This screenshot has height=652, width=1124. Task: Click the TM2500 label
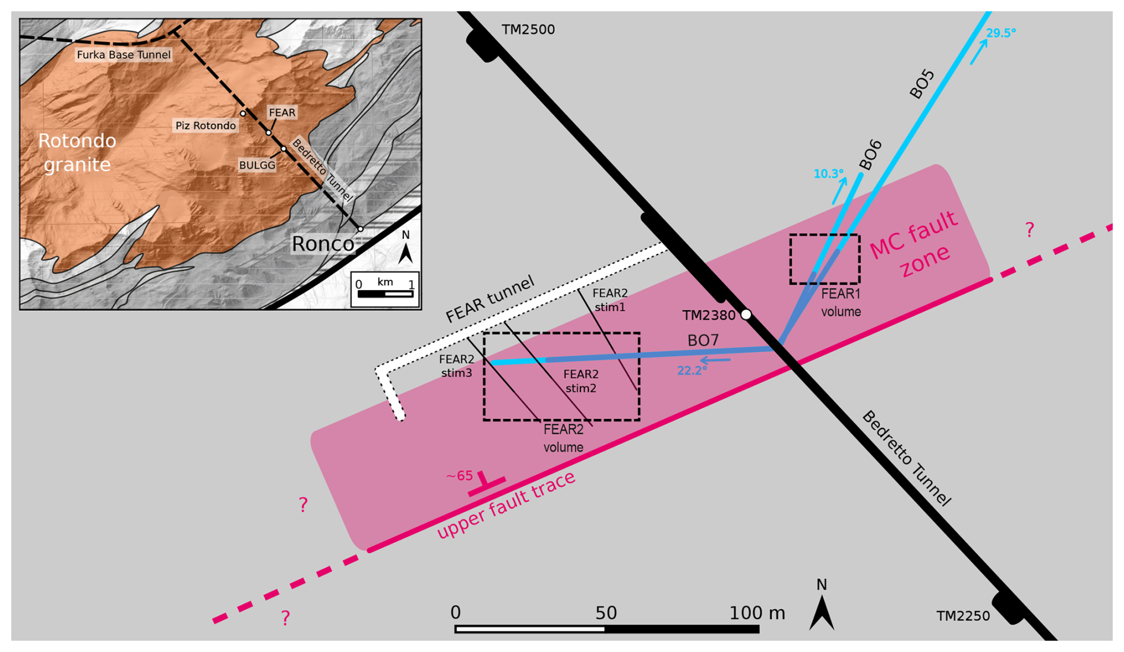pos(528,30)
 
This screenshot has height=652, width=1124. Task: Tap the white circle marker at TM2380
pos(746,314)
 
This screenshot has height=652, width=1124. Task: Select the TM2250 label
pos(963,616)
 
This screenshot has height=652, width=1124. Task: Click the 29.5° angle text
pos(1001,33)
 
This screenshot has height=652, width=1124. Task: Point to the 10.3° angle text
pos(828,174)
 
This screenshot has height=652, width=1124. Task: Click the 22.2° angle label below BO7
pos(692,371)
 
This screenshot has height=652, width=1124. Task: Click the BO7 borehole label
pos(703,341)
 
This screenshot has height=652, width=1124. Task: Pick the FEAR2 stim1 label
pos(610,300)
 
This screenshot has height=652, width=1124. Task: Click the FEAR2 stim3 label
pos(456,366)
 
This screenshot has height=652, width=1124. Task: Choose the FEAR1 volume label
pos(841,303)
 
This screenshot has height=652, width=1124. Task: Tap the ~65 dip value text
pos(459,476)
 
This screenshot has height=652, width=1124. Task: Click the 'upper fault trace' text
pos(506,506)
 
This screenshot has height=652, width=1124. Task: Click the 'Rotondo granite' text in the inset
pos(77,152)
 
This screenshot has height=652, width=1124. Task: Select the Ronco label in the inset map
pos(323,244)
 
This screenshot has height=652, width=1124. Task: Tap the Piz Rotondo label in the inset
pos(206,125)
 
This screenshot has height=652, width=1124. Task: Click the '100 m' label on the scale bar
pos(756,613)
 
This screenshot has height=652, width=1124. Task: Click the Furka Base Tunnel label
pos(124,55)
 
